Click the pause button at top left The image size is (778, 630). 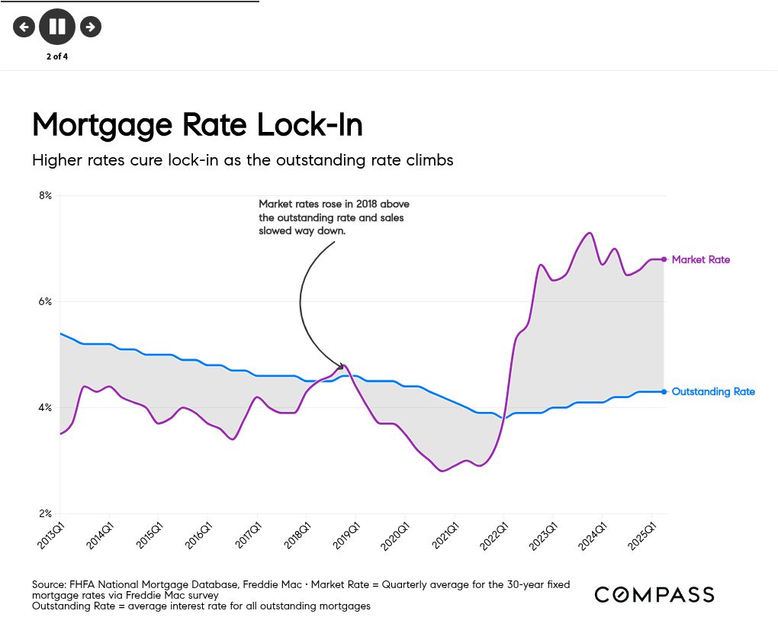tap(57, 27)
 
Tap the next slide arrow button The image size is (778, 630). tap(91, 27)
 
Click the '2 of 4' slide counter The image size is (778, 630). tap(57, 56)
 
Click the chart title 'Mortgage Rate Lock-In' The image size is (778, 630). tap(197, 124)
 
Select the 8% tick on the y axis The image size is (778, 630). tap(45, 195)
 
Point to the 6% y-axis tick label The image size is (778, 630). tap(45, 301)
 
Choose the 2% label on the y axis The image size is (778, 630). tap(45, 513)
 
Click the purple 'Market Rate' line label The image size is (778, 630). tap(700, 260)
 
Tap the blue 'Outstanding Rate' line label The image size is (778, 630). tap(713, 392)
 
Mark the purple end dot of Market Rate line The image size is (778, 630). tap(664, 259)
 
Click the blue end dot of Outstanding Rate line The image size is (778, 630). tap(664, 392)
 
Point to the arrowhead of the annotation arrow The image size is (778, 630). tap(340, 367)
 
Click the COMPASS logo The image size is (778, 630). tap(654, 595)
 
